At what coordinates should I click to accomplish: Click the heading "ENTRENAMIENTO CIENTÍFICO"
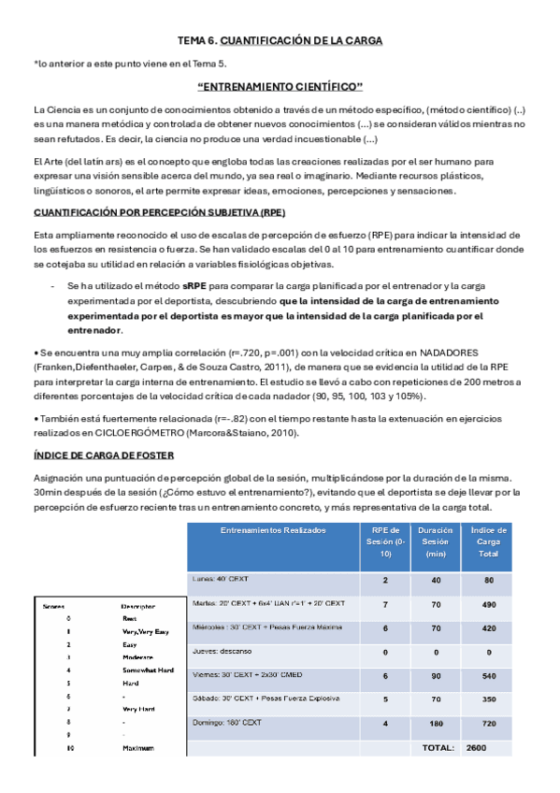tap(280, 86)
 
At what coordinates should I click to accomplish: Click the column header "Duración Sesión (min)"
tap(436, 542)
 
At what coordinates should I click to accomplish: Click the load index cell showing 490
tap(489, 605)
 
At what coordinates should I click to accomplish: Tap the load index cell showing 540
tap(489, 675)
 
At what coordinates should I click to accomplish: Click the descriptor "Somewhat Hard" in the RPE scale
tap(148, 670)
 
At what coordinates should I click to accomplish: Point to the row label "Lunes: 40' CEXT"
tap(221, 579)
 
